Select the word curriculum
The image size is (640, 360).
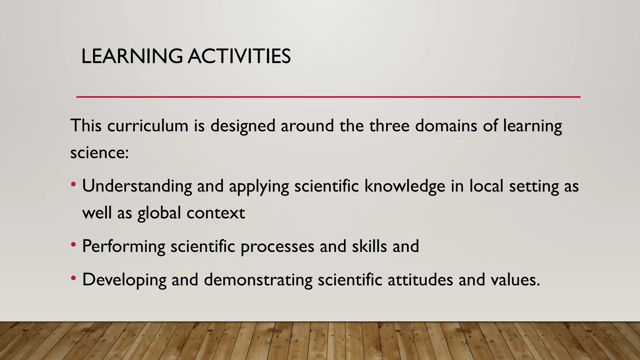(148, 126)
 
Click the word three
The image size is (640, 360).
(389, 126)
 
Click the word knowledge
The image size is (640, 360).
(405, 186)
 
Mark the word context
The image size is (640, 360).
(216, 213)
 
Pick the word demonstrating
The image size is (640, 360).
(258, 280)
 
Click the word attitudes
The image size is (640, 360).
(420, 279)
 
